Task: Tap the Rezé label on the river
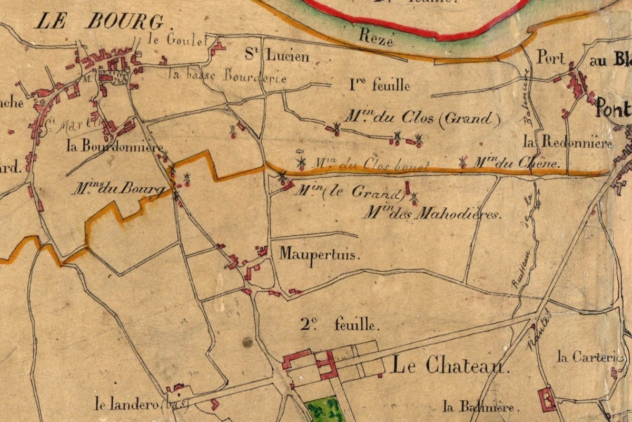coord(377,37)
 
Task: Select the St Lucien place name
coord(277,55)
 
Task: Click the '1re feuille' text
coord(379,84)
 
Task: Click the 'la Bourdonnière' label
coord(115,146)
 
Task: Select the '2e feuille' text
coord(340,325)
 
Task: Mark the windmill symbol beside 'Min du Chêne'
coord(463,162)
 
